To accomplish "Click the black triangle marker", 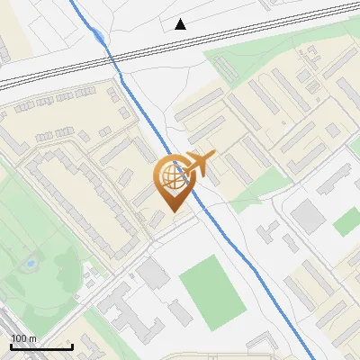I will click(x=181, y=24).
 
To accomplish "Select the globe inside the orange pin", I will click(x=171, y=177).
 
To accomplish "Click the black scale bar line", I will click(x=40, y=347).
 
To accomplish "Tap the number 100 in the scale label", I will click(x=19, y=339).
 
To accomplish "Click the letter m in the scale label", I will click(x=32, y=339).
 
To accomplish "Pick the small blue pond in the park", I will click(x=30, y=265).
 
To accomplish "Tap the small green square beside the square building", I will click(x=346, y=221).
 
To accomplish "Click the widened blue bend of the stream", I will click(x=94, y=34).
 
